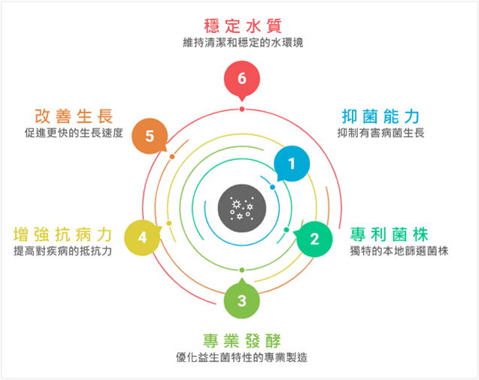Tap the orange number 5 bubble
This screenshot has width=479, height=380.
150,136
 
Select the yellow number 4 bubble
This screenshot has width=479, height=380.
142,237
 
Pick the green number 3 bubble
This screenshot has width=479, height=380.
241,301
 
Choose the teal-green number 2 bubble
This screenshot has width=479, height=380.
314,240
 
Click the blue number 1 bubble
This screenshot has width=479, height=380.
292,163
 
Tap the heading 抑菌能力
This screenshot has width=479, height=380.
380,116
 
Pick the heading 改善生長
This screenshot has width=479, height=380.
74,116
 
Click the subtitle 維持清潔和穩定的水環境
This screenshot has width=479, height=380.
242,42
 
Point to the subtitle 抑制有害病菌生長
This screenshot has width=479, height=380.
381,134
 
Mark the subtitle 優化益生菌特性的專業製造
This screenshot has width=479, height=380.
241,357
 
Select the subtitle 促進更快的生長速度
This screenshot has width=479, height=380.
73,134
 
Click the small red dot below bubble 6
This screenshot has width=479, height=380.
241,109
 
